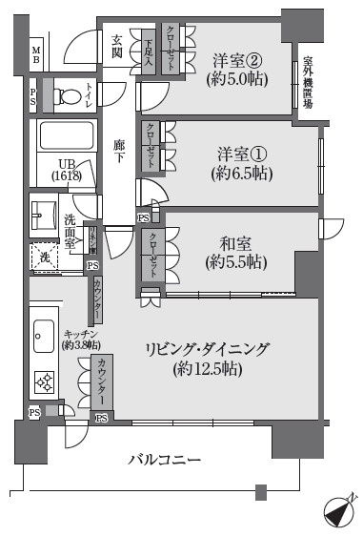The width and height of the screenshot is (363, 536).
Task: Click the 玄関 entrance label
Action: pyautogui.click(x=116, y=39)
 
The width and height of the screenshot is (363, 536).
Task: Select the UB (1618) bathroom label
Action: pyautogui.click(x=64, y=169)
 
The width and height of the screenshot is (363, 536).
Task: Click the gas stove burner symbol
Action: pyautogui.click(x=44, y=383)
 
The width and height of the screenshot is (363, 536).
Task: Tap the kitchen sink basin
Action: pyautogui.click(x=44, y=332)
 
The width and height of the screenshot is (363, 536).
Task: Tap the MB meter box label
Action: pyautogui.click(x=35, y=54)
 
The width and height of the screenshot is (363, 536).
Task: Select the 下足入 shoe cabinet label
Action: pyautogui.click(x=149, y=46)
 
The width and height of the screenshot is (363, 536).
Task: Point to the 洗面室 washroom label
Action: pyautogui.click(x=70, y=232)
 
